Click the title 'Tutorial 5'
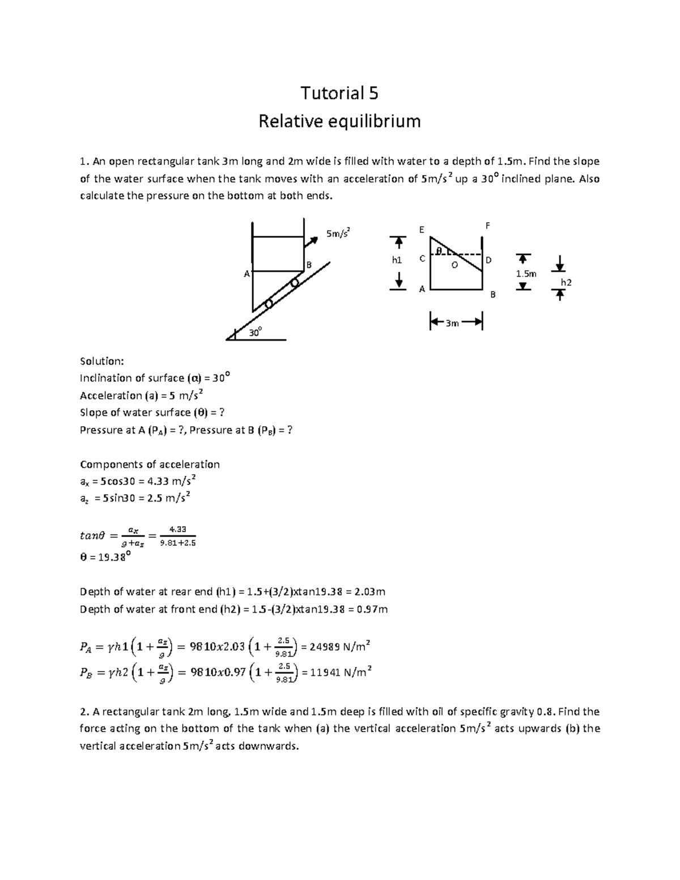339,93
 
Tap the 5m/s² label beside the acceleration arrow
338,233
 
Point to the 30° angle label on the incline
256,333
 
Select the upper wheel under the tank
294,283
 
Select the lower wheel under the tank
269,304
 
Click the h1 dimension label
397,260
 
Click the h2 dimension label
566,282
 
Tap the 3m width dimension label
452,324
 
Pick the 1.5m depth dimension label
525,274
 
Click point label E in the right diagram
421,229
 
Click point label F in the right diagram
488,226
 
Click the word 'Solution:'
101,361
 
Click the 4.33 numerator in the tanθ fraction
177,529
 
